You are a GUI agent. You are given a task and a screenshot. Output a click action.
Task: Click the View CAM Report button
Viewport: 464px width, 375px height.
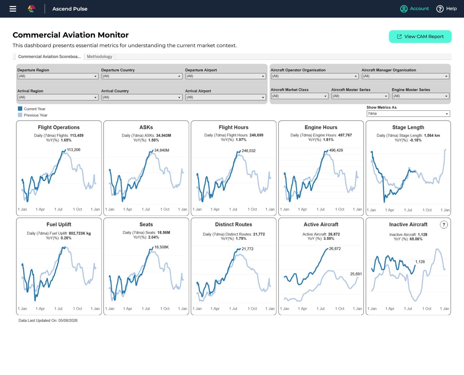point(420,37)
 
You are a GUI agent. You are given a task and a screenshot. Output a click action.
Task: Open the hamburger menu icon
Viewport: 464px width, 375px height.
point(13,9)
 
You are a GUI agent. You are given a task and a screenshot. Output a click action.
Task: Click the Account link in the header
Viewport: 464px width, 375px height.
point(419,8)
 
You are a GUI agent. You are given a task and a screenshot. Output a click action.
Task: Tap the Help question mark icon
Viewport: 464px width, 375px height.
point(440,9)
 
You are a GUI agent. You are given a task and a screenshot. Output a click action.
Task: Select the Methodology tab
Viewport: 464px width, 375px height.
point(99,56)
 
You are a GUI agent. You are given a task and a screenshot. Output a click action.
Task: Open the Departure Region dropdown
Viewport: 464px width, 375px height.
point(58,76)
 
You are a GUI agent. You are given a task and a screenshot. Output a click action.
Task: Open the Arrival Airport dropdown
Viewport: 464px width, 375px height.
point(226,97)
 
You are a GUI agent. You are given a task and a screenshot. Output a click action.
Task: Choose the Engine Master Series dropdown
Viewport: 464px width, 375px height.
point(421,96)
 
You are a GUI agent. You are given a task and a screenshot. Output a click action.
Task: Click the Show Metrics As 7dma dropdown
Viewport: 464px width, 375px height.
point(408,114)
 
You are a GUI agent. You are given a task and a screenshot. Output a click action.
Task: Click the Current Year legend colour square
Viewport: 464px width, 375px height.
point(20,109)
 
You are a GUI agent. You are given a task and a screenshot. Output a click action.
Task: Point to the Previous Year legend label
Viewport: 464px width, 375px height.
point(36,115)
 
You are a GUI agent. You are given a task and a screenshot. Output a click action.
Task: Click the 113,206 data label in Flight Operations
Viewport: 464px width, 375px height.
point(73,150)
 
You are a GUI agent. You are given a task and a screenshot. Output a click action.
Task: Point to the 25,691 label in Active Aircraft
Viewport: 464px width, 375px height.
point(356,274)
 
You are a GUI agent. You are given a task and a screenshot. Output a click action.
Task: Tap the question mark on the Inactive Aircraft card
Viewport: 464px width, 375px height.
point(444,225)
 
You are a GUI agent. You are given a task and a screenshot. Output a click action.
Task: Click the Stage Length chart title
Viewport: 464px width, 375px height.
point(408,127)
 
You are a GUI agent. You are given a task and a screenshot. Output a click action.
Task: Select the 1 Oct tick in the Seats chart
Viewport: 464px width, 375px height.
point(165,309)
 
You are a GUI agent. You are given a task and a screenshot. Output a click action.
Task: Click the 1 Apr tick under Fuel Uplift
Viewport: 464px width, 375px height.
point(40,309)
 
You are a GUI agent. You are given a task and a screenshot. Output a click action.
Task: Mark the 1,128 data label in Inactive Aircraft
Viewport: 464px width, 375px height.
point(420,262)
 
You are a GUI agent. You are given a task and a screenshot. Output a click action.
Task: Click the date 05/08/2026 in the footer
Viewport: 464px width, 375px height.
point(68,320)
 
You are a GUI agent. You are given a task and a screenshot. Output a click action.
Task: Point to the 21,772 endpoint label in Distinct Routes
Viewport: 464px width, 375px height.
point(247,249)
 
